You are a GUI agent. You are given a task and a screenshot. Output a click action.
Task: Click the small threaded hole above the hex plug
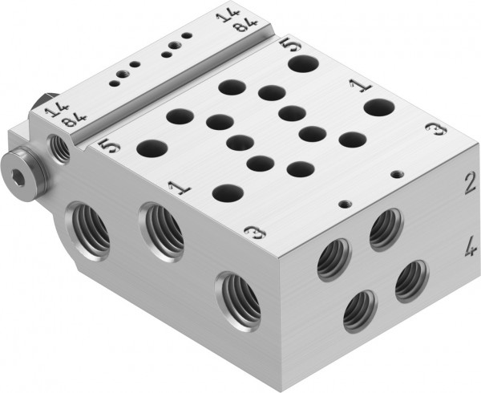[x=59, y=146]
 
